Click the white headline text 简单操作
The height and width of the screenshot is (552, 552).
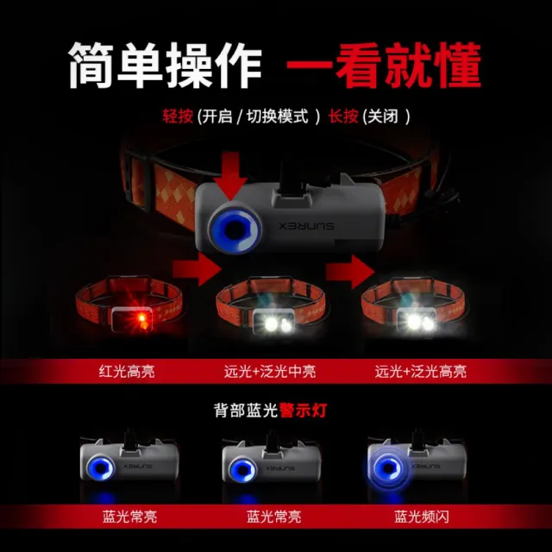(165, 66)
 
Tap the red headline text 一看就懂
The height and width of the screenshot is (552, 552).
(384, 66)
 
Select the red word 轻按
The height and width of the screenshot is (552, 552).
(178, 116)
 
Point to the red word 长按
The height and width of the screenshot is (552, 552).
(343, 116)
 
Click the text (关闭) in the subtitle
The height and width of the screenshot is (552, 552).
(386, 116)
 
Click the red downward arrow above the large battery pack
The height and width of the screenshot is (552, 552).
(231, 176)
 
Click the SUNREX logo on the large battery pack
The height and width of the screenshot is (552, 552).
(307, 226)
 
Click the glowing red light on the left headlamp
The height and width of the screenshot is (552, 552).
(141, 319)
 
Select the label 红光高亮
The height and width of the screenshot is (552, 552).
(127, 372)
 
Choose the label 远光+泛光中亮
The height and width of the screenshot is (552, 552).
(270, 372)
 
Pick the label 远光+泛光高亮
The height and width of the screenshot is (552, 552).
(421, 372)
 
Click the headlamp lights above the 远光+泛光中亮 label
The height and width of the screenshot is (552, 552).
(278, 323)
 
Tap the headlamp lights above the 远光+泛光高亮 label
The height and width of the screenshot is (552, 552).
(420, 322)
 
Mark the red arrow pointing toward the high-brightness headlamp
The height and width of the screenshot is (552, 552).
(350, 272)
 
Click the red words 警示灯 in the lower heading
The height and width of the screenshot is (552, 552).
(303, 411)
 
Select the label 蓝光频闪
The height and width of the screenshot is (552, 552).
(422, 517)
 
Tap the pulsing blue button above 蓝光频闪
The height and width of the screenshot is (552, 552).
(387, 468)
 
